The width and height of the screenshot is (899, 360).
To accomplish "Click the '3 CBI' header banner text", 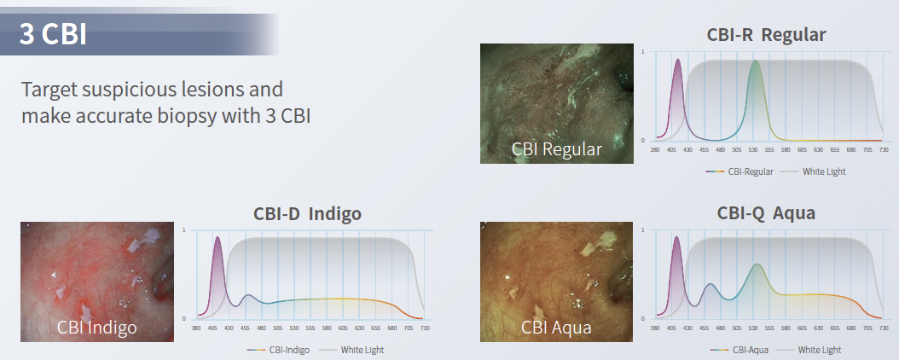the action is click(53, 34).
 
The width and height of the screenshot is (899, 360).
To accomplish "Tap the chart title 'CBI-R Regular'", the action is click(766, 34).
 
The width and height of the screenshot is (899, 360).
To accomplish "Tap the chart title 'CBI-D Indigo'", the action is click(307, 214).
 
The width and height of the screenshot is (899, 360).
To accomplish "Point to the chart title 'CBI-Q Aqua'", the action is click(766, 213).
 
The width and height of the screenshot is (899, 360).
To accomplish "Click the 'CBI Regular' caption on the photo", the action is click(557, 149).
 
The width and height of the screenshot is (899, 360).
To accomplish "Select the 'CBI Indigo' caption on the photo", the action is click(97, 328).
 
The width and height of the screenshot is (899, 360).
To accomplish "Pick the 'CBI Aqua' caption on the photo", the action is click(556, 328).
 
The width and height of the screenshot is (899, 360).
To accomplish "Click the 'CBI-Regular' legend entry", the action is click(739, 171).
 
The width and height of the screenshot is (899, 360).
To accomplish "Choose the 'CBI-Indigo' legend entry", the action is click(278, 350).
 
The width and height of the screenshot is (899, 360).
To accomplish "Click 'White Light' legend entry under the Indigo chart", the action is click(351, 350).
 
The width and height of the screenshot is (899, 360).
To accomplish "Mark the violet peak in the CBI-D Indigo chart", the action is click(217, 238).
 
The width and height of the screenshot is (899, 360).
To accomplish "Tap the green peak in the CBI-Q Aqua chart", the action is click(757, 265).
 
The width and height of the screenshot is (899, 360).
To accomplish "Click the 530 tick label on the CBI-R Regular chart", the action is click(753, 150).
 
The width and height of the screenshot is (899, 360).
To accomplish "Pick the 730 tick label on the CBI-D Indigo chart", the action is click(424, 328).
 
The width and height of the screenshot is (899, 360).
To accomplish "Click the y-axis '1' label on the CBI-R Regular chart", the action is click(642, 51).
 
